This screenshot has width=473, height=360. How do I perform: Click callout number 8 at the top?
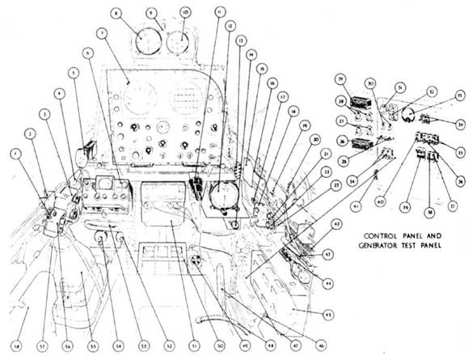click(117, 14)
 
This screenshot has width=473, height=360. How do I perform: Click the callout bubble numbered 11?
click(219, 13)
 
